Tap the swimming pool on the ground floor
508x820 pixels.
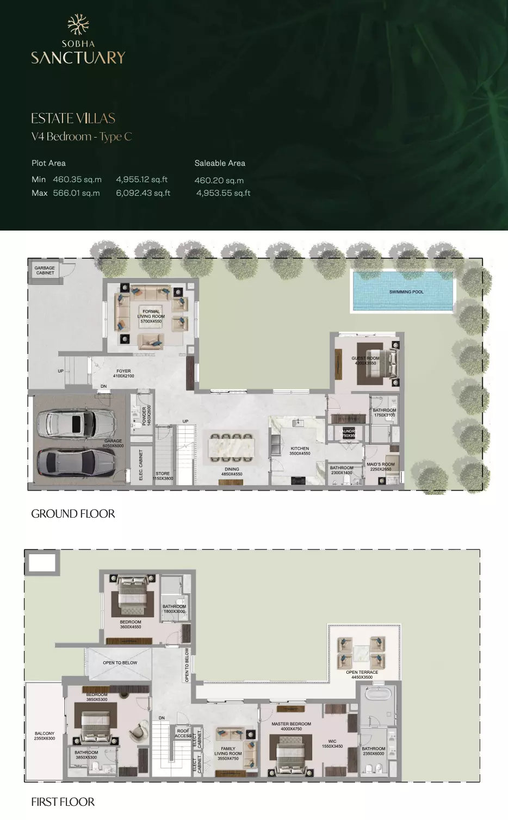pos(403,291)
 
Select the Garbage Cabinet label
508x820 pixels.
pos(45,270)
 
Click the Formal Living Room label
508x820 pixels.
pos(151,316)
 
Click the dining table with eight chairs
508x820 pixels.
pos(232,445)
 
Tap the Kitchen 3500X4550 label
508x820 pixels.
pos(300,451)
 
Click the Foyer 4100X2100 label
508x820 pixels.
pos(123,374)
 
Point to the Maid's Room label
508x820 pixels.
pos(381,467)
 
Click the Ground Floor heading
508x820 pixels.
pos(73,514)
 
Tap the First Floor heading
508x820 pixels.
pos(63,802)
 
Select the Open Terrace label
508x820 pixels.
pos(362,675)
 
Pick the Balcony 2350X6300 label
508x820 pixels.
pos(45,736)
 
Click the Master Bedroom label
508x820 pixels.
pos(291,726)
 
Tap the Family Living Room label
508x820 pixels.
pos(228,753)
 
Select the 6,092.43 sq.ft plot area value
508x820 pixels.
pos(143,193)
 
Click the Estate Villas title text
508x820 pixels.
pos(73,118)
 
